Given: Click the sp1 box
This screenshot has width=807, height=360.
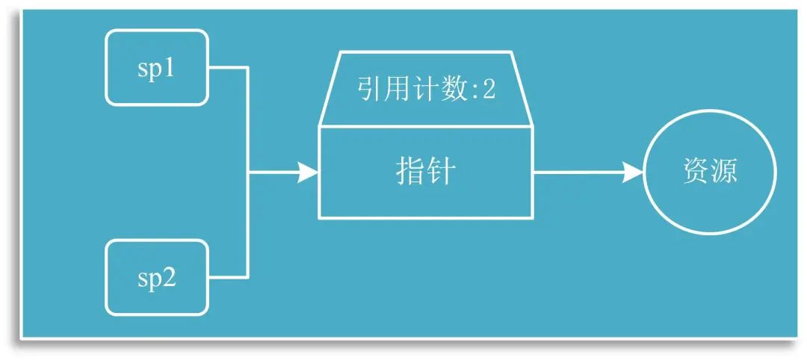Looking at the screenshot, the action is coord(157,67).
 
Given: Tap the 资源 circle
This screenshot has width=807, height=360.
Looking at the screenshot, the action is coord(710,173).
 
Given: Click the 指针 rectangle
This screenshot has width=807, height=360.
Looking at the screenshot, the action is coord(426,173).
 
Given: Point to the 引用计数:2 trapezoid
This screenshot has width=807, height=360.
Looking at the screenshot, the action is coord(426,90).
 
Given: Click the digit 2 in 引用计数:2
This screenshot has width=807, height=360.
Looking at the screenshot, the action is coord(489,90).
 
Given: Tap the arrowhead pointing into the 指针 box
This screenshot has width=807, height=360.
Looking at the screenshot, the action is coord(308,173).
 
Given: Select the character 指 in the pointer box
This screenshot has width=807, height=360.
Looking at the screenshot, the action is coord(409,173).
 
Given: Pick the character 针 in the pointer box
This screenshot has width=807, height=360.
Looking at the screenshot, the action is coord(442,173).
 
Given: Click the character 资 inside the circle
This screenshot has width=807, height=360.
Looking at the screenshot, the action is coord(696,173).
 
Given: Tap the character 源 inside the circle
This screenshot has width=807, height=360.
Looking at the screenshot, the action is coord(724,173).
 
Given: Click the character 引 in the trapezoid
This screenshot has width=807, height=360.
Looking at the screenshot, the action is coord(368,90).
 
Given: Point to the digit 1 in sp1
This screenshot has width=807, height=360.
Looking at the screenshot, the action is coord(169,68).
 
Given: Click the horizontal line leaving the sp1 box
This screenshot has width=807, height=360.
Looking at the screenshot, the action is coord(228,67).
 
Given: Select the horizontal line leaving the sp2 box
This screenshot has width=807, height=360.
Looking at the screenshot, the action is coord(228,277).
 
